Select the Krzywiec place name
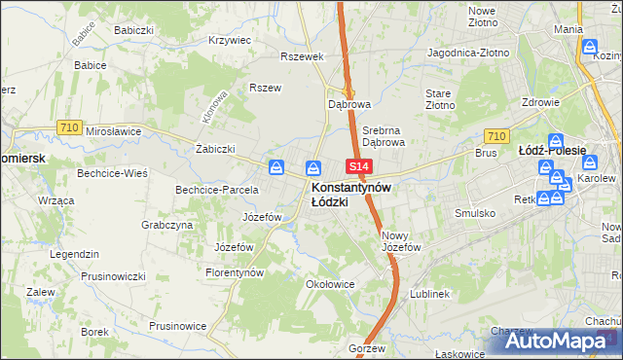pyautogui.click(x=231, y=41)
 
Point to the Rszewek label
pyautogui.click(x=301, y=56)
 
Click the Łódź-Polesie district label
pyautogui.click(x=552, y=151)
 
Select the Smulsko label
pyautogui.click(x=475, y=212)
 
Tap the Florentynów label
pyautogui.click(x=235, y=273)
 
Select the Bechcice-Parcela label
pyautogui.click(x=216, y=189)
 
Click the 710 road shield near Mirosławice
pyautogui.click(x=68, y=127)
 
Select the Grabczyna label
pyautogui.click(x=166, y=225)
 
